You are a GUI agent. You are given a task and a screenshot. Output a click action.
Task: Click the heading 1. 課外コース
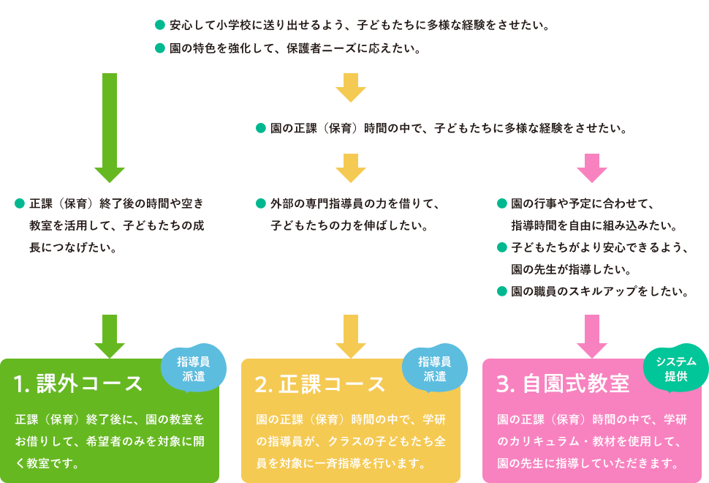pos(79,383)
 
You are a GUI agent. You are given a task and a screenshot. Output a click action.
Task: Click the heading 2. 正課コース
pos(320,383)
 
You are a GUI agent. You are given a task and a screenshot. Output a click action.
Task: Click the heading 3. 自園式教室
pos(562,383)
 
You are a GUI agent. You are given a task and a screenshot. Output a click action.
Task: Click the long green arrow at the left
pos(110,128)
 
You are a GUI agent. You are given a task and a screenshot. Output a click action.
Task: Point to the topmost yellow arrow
pos(351,88)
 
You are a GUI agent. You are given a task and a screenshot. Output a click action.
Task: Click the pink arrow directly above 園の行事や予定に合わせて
pos(592,168)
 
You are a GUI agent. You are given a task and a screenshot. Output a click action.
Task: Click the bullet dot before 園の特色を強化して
pos(160,50)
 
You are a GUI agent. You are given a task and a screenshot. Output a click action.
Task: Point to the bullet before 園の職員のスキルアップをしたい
pos(502,291)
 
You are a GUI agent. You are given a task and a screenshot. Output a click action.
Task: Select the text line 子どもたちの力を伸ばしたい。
pos(349,225)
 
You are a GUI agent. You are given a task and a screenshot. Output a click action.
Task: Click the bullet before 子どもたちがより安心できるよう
pos(502,247)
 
